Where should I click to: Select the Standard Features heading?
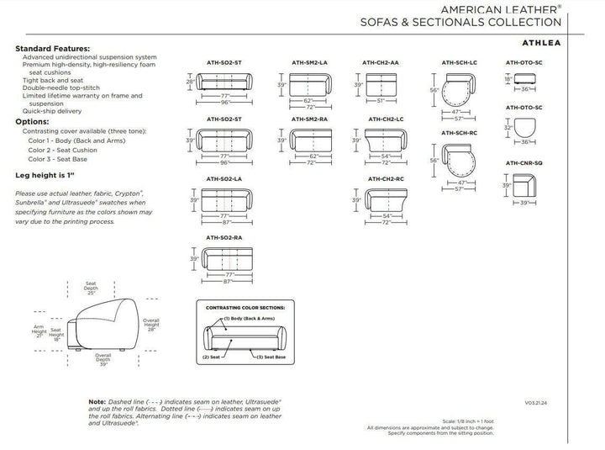coord(53,49)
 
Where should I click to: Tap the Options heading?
coord(33,121)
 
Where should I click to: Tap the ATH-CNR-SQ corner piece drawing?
coord(525,184)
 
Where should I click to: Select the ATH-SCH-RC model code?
coord(460,134)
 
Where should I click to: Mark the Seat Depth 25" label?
coord(91,287)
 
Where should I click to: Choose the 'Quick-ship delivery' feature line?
coord(52,111)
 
